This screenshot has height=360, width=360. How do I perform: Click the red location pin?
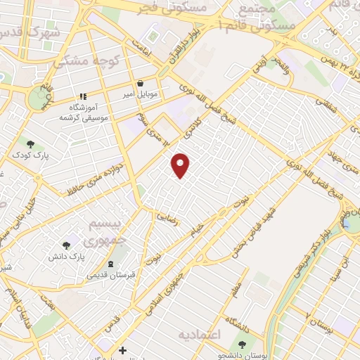coord(181,165)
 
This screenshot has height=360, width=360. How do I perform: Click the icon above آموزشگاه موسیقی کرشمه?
coord(82,96)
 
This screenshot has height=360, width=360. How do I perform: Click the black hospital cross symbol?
coord(122,350)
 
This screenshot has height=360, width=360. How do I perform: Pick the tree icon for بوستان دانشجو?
coord(243,345)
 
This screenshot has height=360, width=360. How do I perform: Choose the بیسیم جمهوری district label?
coord(108,231)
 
